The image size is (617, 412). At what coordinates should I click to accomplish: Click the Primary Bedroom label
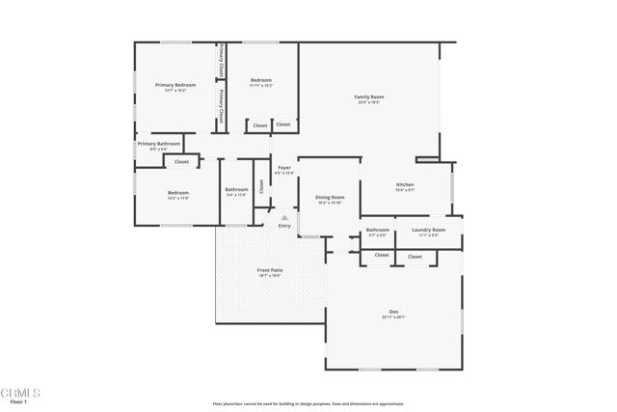click(x=175, y=86)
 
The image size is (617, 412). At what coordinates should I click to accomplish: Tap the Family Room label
click(x=369, y=97)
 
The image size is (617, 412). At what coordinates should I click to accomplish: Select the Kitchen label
click(x=405, y=185)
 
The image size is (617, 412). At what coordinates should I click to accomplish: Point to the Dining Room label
click(x=330, y=199)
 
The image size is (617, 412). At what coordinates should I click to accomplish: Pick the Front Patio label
click(x=270, y=272)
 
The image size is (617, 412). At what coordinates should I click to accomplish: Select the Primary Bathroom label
click(x=158, y=146)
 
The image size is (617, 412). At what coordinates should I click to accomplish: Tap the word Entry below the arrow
click(x=284, y=226)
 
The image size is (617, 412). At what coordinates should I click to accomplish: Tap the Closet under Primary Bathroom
click(x=181, y=161)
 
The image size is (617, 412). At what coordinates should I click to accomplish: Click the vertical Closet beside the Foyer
click(x=261, y=187)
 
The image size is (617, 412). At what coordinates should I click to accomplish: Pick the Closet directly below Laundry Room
click(x=415, y=257)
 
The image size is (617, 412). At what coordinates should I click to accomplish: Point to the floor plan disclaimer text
click(x=308, y=403)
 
